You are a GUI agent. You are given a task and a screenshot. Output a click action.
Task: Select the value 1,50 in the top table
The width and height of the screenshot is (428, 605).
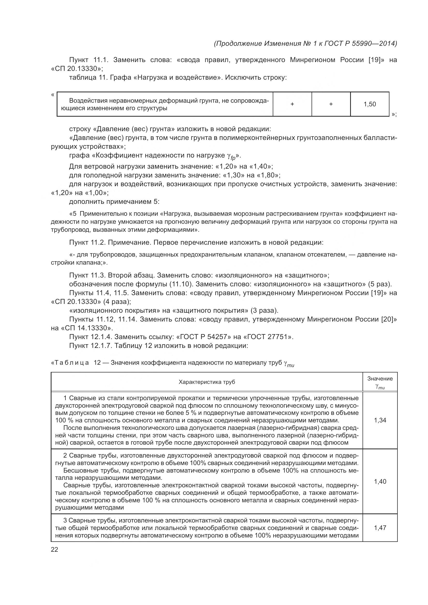click(x=370, y=104)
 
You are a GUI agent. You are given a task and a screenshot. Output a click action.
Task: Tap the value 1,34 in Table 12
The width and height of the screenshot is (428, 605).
click(x=380, y=420)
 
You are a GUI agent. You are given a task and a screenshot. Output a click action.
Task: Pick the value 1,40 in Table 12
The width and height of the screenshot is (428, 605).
click(x=380, y=482)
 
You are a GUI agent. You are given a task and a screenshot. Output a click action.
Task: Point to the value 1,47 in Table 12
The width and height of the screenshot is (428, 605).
click(x=380, y=528)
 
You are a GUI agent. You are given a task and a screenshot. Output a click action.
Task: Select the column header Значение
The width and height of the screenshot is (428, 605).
click(x=380, y=379)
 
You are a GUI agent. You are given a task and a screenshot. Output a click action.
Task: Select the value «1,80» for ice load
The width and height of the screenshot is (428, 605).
click(x=267, y=175)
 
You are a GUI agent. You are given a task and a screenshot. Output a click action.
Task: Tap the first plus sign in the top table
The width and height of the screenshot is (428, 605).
click(x=292, y=104)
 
